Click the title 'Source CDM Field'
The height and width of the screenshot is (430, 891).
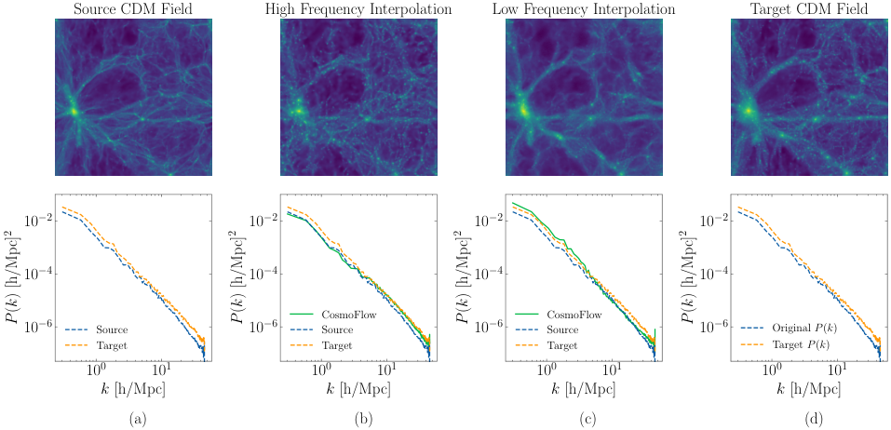pos(127,8)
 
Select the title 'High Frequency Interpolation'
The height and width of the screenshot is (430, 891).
pos(352,8)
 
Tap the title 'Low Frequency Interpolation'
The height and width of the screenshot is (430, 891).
pos(576,8)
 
